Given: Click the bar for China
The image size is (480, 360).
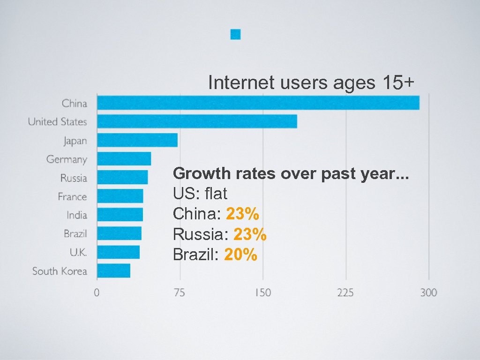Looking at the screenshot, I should [258, 103].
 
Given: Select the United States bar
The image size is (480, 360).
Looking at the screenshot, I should [197, 121].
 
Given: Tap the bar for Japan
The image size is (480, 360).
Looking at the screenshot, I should [137, 140].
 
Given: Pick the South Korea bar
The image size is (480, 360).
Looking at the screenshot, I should [114, 271].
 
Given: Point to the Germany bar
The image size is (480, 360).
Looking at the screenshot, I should [124, 159].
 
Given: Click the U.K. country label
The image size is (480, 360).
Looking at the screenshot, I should [78, 252].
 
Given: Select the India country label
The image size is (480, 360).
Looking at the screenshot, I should [77, 215].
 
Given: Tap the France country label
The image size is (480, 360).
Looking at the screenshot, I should [72, 196].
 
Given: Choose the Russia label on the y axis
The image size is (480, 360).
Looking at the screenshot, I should [74, 178].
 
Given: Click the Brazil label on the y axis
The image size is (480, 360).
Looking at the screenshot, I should [75, 233].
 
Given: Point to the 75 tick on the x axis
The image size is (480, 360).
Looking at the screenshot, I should [180, 293].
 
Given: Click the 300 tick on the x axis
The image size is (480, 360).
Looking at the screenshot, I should [428, 293].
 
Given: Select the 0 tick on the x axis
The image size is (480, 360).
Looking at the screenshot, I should [97, 293].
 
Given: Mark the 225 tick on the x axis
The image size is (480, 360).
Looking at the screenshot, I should [345, 293].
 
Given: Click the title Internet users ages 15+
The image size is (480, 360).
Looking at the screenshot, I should [311, 82].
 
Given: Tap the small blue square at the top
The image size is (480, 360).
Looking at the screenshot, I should [236, 34].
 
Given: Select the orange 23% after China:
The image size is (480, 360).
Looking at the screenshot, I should [242, 214].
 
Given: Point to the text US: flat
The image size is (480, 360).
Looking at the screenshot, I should [200, 194].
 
